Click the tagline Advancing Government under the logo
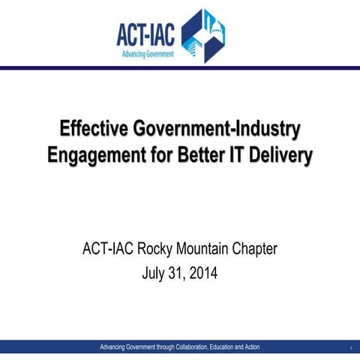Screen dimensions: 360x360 click(x=148, y=54)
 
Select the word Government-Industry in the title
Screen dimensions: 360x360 click(x=217, y=128)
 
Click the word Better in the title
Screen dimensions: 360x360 click(x=204, y=155)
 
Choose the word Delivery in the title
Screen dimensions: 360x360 click(x=284, y=155)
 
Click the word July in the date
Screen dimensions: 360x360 click(x=154, y=274)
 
